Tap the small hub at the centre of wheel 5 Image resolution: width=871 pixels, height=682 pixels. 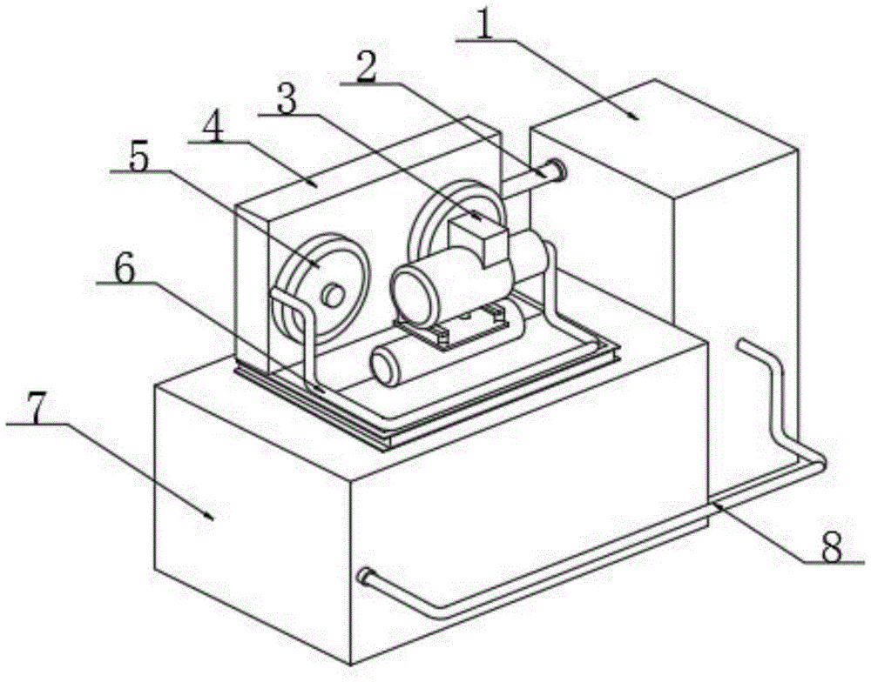tap(332, 296)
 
